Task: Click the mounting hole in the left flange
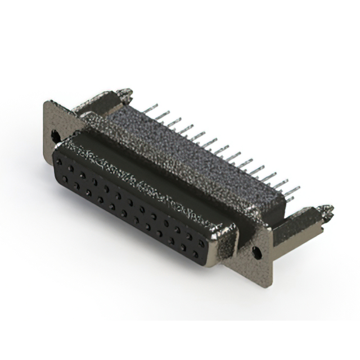(x=56, y=135)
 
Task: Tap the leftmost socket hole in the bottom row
(x=65, y=178)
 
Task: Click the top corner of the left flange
(x=46, y=102)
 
